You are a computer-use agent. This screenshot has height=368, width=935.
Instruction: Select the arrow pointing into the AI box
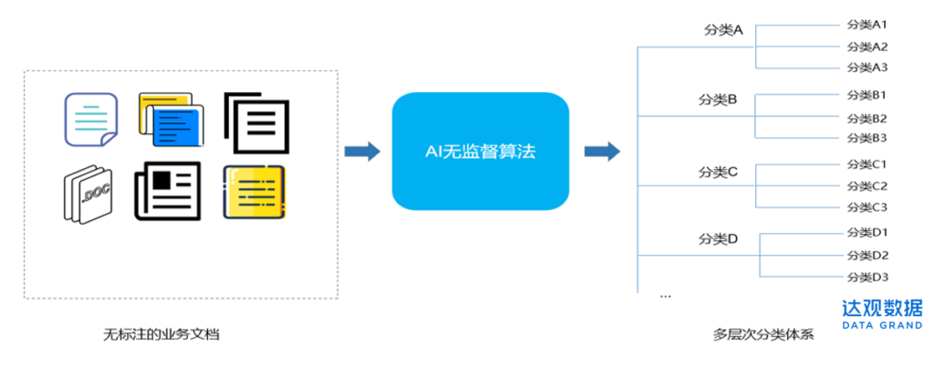363,152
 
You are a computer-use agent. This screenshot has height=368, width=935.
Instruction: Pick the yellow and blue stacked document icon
172,120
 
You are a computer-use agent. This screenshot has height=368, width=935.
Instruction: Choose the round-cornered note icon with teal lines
90,121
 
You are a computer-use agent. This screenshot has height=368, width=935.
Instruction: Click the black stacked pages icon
257,121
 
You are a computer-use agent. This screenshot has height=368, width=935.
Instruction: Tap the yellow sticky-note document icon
256,192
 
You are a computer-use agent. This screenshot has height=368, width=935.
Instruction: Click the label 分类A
723,30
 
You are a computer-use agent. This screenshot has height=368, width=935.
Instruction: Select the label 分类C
718,171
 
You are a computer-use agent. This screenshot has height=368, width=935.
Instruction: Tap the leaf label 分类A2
867,47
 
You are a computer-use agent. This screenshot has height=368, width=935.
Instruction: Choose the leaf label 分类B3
867,138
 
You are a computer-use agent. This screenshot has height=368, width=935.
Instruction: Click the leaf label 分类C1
867,164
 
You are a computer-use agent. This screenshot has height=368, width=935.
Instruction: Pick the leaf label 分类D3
867,277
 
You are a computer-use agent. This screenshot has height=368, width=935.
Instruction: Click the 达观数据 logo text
882,308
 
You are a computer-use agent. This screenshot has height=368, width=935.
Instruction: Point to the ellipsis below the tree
666,296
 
